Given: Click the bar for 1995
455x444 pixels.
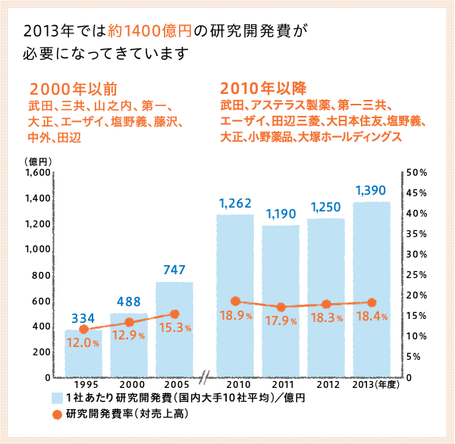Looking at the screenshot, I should [x=83, y=353].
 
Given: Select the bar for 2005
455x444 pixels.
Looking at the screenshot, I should [x=174, y=330].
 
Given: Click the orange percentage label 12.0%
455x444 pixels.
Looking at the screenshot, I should [x=83, y=342].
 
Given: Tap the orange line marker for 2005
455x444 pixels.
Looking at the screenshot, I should [x=174, y=314].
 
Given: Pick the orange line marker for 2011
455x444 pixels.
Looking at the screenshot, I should [x=281, y=307].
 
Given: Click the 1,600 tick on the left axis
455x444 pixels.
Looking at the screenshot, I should [x=37, y=173].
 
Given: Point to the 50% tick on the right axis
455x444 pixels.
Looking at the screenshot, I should [x=417, y=173].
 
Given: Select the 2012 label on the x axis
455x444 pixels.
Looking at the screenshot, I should [x=326, y=385].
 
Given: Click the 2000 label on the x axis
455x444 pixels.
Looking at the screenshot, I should [x=129, y=385].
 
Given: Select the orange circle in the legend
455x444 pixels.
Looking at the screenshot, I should [x=57, y=414].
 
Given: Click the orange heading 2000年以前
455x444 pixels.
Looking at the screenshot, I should [x=73, y=88].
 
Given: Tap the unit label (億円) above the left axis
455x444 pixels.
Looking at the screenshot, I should [x=37, y=161].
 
